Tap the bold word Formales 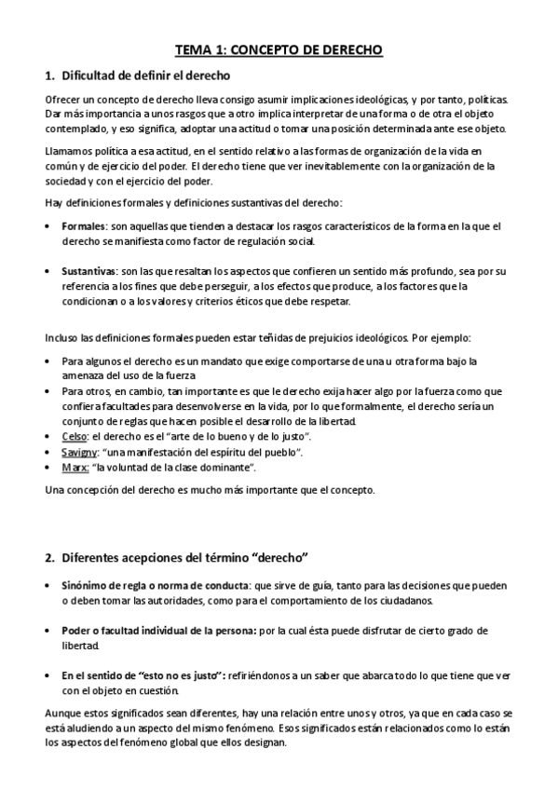pyautogui.click(x=83, y=226)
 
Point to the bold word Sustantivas pyautogui.click(x=89, y=271)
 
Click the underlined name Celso pyautogui.click(x=75, y=436)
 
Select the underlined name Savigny pyautogui.click(x=82, y=452)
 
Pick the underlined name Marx pyautogui.click(x=75, y=467)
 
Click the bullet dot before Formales pyautogui.click(x=48, y=226)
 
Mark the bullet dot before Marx pyautogui.click(x=48, y=467)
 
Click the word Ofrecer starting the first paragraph pyautogui.click(x=63, y=100)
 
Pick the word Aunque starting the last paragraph pyautogui.click(x=63, y=714)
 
